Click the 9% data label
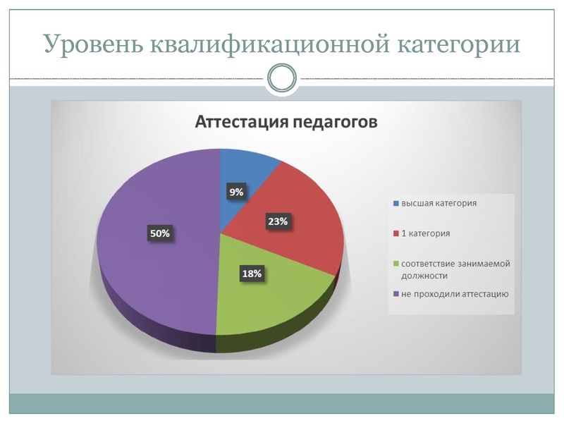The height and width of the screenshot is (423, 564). click(x=236, y=192)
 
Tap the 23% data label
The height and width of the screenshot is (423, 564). click(x=278, y=221)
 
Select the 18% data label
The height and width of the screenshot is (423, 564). click(x=252, y=274)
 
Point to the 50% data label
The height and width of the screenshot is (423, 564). click(x=160, y=233)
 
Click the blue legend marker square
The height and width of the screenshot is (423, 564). click(x=396, y=203)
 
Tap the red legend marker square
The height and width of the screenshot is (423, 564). click(x=396, y=233)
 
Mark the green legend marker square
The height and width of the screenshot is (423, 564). click(x=396, y=264)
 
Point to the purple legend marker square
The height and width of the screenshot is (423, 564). click(x=396, y=294)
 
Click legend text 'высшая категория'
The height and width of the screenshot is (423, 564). click(x=439, y=203)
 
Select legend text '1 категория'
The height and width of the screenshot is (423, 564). click(x=426, y=233)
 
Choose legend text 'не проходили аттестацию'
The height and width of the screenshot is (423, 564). click(x=455, y=294)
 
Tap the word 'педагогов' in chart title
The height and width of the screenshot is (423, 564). click(x=335, y=123)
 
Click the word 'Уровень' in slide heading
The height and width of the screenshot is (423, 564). click(x=93, y=44)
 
